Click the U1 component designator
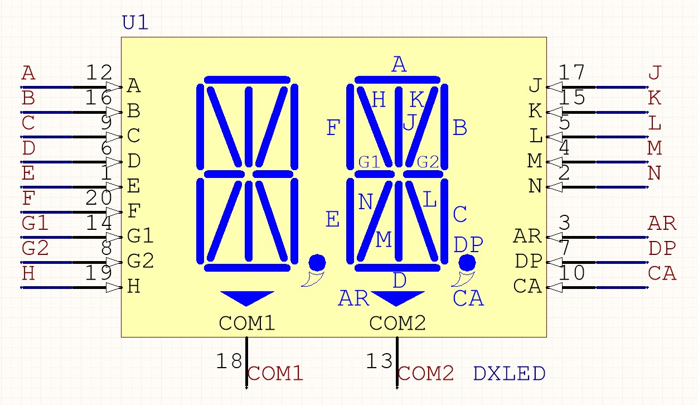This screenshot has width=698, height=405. [x=135, y=22]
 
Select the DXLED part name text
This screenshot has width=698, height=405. [x=509, y=374]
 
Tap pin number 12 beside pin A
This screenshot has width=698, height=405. [x=99, y=73]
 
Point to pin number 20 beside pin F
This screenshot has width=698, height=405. [x=99, y=197]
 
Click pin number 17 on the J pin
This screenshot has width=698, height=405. [x=571, y=73]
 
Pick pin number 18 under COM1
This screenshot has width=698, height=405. [x=229, y=361]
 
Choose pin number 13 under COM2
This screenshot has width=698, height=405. [x=379, y=361]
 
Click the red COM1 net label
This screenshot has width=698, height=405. [x=275, y=374]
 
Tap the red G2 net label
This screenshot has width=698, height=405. [x=35, y=248]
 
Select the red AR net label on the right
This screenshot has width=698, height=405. [x=662, y=223]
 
